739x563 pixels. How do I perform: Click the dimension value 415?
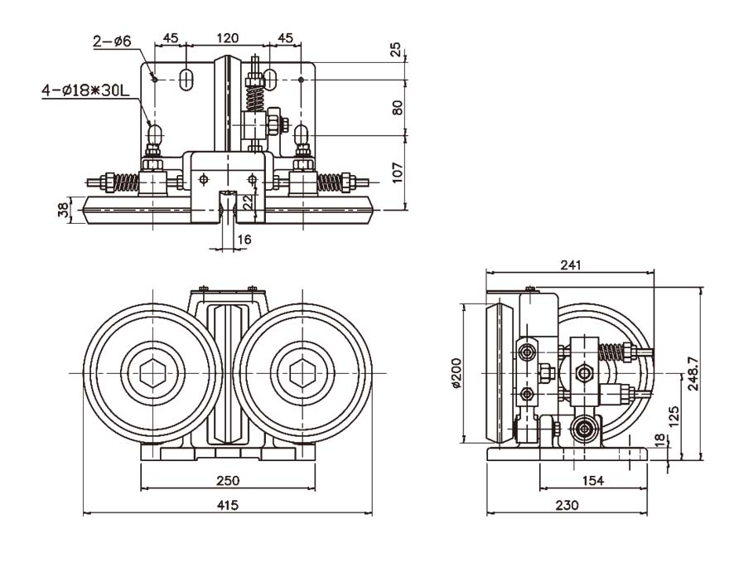pos(227,505)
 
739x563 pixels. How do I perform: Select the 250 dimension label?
pos(227,479)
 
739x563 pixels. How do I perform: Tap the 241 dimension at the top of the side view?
pos(570,265)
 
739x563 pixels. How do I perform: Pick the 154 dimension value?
pos(593,480)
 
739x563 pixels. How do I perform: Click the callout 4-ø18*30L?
pos(87,89)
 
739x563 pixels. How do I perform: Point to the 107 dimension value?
pos(398,171)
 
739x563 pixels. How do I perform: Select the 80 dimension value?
pos(398,108)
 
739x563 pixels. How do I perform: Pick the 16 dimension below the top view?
pos(244,240)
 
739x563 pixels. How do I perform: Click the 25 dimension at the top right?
pos(398,50)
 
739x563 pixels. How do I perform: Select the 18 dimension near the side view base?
pos(659,439)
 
